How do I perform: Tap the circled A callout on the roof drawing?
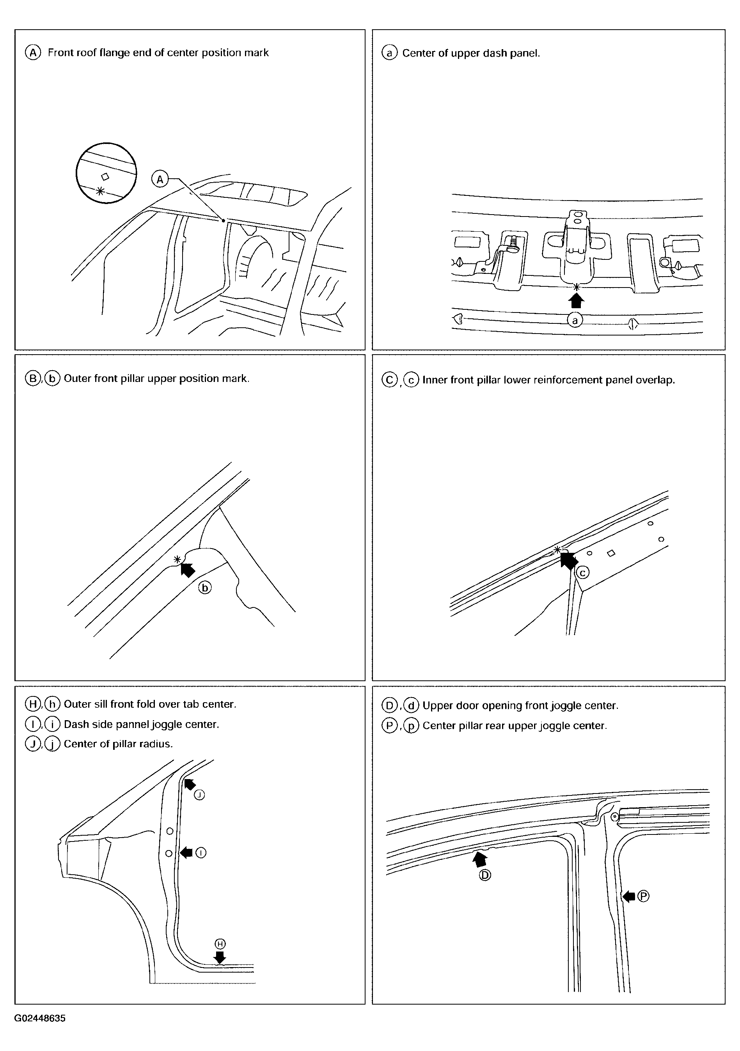[160, 179]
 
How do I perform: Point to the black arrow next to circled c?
[568, 560]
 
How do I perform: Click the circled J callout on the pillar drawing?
[199, 795]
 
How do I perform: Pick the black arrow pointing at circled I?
[186, 852]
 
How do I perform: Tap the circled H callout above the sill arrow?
[220, 944]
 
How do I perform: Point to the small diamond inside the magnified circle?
[105, 176]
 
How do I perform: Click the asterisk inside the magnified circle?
[100, 191]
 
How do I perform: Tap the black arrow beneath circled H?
[220, 956]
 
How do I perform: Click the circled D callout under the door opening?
[484, 875]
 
